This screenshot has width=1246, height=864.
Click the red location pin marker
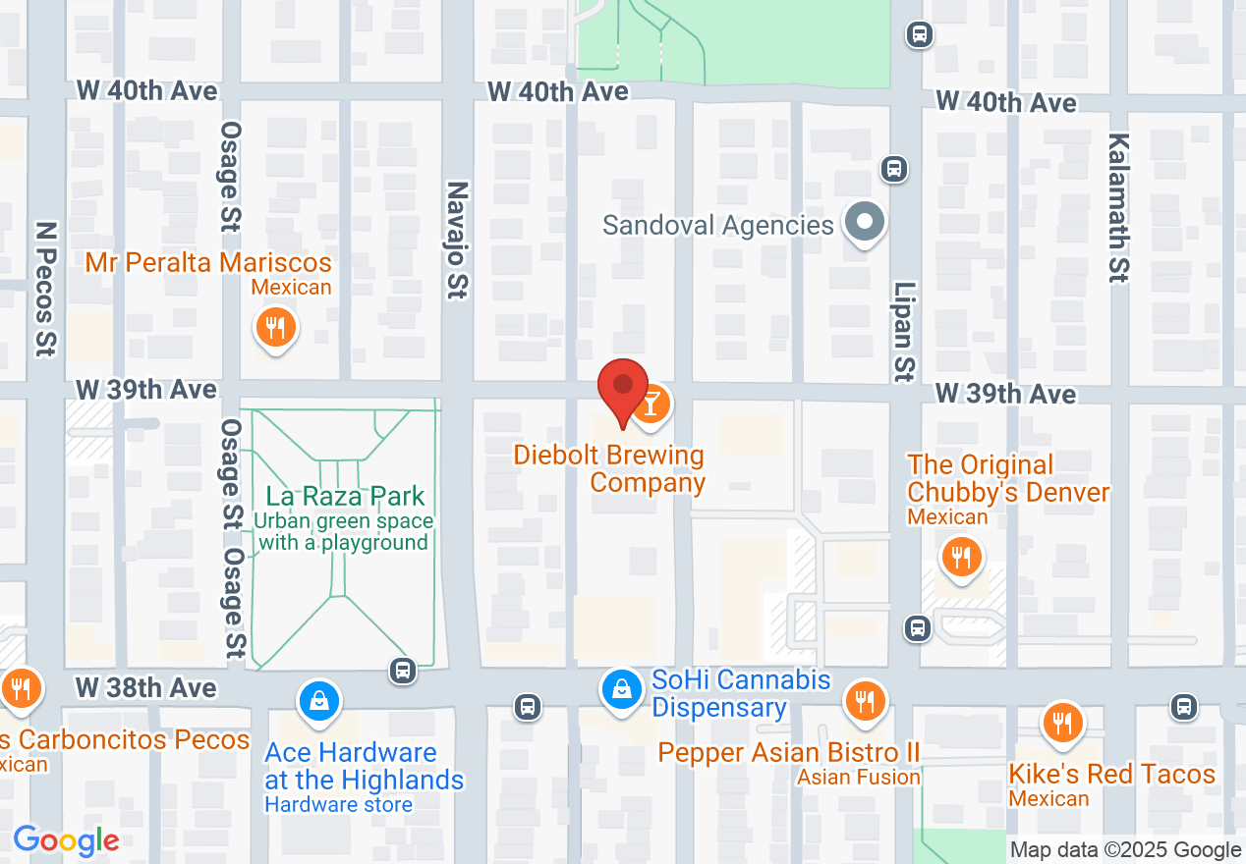[x=623, y=391]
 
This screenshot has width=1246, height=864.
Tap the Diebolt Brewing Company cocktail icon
[x=651, y=403]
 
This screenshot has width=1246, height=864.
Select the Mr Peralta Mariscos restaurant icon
[x=276, y=327]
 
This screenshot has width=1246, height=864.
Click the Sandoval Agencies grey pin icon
[x=865, y=222]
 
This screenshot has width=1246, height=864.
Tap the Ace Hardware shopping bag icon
[x=319, y=701]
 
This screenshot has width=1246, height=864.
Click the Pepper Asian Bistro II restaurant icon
[x=865, y=701]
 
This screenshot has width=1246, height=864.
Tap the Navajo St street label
[x=457, y=240]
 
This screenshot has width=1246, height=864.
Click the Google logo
[x=66, y=840]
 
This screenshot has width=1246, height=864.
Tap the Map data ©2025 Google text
[x=1126, y=850]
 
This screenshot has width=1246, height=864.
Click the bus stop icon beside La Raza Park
[x=402, y=671]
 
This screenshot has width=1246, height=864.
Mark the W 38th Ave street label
[x=146, y=687]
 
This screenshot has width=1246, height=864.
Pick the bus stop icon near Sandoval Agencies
[x=893, y=169]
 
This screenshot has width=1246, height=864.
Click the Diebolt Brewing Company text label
[x=609, y=468]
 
